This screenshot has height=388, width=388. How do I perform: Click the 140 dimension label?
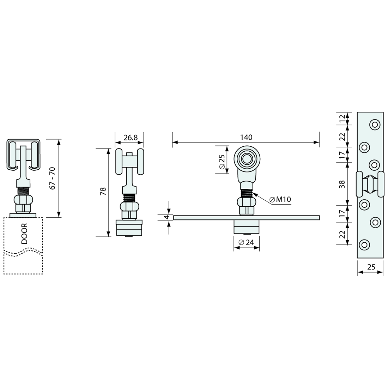246,137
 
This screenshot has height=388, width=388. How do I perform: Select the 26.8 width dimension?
131,138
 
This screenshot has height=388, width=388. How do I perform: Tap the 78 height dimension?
103,191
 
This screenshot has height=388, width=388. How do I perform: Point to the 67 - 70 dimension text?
53,178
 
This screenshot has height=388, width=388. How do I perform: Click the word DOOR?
24,234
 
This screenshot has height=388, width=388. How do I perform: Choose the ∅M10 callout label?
280,199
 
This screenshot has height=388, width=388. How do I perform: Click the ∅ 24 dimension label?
246,242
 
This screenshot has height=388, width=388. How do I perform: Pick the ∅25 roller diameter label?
222,162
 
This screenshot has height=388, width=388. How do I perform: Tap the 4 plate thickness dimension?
167,217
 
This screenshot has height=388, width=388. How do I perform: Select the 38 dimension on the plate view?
342,184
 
